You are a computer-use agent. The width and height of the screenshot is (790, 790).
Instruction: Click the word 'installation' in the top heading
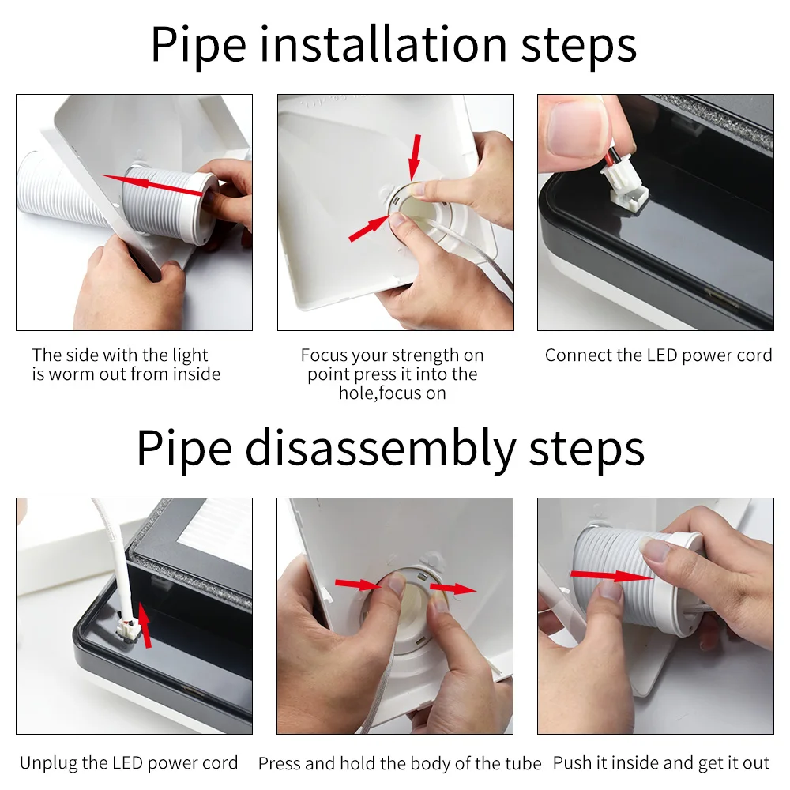click(383, 45)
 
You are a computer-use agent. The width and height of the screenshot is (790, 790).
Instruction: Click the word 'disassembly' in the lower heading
click(381, 448)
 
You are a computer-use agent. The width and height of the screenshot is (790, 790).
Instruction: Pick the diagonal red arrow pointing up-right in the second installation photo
click(369, 228)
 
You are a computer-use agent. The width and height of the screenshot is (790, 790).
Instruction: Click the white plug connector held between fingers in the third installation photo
click(624, 186)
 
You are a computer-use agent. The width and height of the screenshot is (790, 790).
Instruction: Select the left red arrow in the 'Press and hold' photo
click(358, 585)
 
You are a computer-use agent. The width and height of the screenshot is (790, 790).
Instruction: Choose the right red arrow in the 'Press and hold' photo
click(453, 589)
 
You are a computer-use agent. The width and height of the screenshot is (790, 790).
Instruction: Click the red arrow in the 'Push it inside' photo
click(611, 575)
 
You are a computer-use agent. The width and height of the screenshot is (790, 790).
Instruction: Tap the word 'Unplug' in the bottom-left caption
click(48, 763)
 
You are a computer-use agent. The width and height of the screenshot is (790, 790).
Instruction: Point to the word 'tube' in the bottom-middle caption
click(524, 763)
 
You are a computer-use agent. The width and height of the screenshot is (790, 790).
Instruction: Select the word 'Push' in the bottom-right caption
click(572, 763)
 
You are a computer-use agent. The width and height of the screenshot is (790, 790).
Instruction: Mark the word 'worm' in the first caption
click(72, 374)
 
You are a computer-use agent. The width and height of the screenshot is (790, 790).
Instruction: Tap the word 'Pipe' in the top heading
click(199, 46)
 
